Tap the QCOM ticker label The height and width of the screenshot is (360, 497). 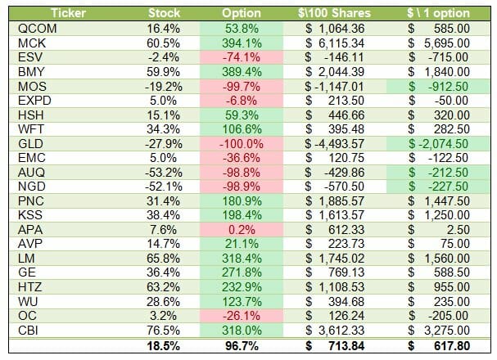pyautogui.click(x=34, y=28)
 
